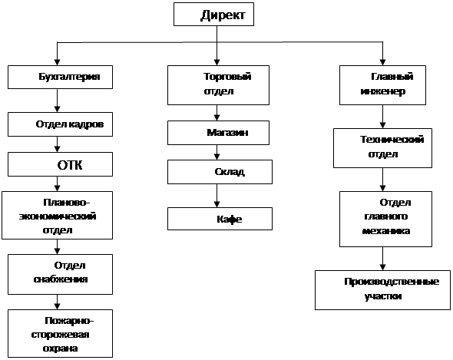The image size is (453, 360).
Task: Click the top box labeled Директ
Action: [x=213, y=15]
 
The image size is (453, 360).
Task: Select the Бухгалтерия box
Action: [x=60, y=77]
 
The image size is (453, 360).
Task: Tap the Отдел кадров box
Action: [x=60, y=124]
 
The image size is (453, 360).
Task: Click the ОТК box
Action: [x=60, y=164]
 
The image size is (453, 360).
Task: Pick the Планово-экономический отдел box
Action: [x=58, y=215]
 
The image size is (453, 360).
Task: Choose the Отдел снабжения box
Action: [x=60, y=275]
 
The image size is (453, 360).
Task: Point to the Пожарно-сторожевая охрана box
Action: [x=60, y=333]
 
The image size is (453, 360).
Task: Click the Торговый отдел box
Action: [x=218, y=85]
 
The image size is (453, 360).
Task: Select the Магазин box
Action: [x=218, y=133]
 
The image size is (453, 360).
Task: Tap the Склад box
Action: [x=220, y=172]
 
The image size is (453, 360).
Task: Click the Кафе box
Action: [x=220, y=219]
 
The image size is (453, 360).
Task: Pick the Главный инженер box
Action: [x=382, y=85]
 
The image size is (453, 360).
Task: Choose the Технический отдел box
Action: [x=382, y=148]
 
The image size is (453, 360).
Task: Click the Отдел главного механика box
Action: [x=385, y=219]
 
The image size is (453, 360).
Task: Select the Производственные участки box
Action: [x=382, y=290]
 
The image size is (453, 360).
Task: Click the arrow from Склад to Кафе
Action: [x=217, y=196]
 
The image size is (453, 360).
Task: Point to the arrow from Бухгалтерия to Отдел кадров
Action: [x=58, y=101]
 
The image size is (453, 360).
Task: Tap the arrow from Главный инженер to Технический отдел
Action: [x=382, y=117]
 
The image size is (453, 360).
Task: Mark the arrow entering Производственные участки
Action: [x=382, y=259]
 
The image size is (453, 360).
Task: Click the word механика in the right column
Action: [x=386, y=231]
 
